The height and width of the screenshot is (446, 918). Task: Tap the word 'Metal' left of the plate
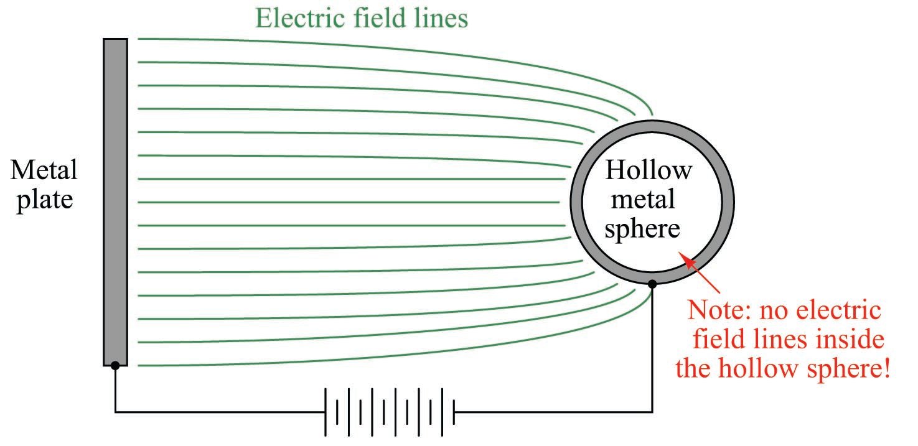[x=44, y=170]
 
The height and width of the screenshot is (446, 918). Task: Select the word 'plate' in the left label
[x=44, y=200]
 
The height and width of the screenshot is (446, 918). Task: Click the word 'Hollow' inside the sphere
[x=648, y=170]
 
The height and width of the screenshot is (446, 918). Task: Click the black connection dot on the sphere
[x=652, y=284]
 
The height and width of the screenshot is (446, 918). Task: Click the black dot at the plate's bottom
[x=115, y=366]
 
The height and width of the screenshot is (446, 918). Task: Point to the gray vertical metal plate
[x=115, y=199]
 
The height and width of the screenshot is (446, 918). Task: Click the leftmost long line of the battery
[x=326, y=412]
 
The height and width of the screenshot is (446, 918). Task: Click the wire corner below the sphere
[x=652, y=412]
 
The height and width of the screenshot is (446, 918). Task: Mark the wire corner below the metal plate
[x=115, y=412]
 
